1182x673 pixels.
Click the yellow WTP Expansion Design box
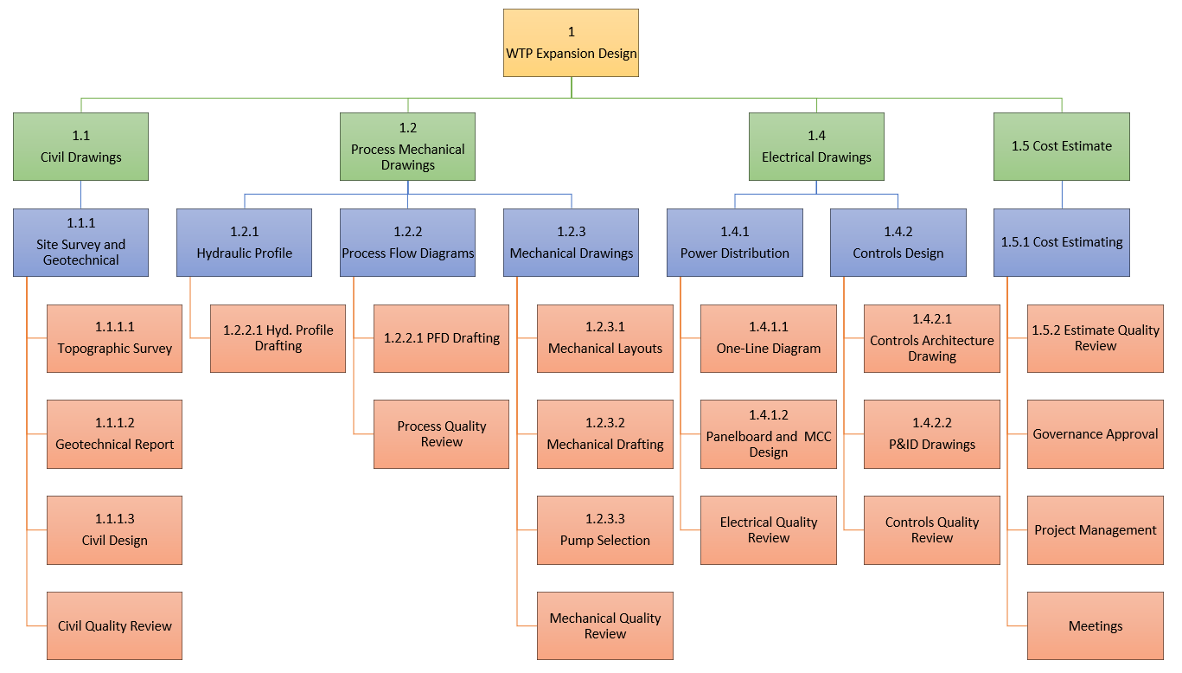pyautogui.click(x=571, y=43)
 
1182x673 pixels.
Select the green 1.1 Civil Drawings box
pyautogui.click(x=80, y=147)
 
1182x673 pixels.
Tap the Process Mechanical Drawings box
pyautogui.click(x=407, y=147)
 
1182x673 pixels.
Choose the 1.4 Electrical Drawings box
pyautogui.click(x=816, y=147)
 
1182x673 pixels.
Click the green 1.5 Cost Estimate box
pyautogui.click(x=1061, y=147)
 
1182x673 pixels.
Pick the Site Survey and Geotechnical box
pyautogui.click(x=80, y=243)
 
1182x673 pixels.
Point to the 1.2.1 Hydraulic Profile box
pyautogui.click(x=244, y=243)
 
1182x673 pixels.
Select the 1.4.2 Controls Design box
pyautogui.click(x=898, y=243)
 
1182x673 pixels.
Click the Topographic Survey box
pyautogui.click(x=114, y=339)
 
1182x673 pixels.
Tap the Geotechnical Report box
pyautogui.click(x=114, y=434)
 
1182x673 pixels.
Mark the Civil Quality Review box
pyautogui.click(x=114, y=625)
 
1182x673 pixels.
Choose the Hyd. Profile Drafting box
pyautogui.click(x=278, y=339)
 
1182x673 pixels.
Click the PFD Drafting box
pyautogui.click(x=441, y=339)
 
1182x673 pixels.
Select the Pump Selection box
pyautogui.click(x=604, y=530)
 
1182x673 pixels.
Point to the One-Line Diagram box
pyautogui.click(x=768, y=339)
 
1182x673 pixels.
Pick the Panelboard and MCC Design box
pyautogui.click(x=768, y=434)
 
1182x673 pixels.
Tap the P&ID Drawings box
pyautogui.click(x=931, y=434)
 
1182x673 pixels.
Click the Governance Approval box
pyautogui.click(x=1095, y=434)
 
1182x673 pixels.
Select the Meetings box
pyautogui.click(x=1095, y=625)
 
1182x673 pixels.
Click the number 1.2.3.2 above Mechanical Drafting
pyautogui.click(x=604, y=423)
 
